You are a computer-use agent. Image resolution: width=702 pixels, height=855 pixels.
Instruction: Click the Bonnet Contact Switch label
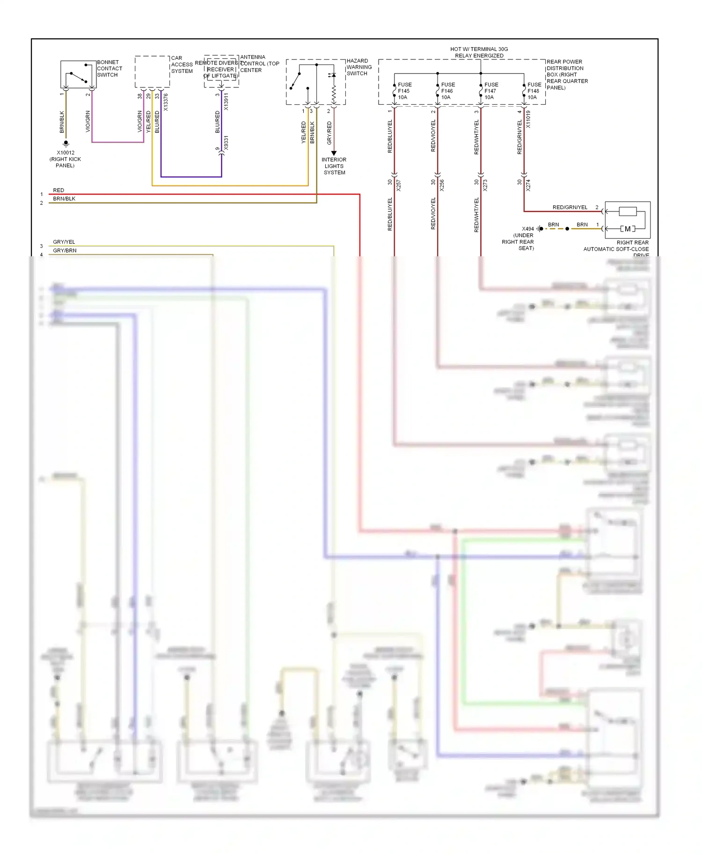click(109, 68)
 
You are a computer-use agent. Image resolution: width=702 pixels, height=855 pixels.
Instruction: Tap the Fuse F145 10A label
click(404, 91)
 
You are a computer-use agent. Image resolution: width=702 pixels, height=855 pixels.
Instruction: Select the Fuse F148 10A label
click(534, 91)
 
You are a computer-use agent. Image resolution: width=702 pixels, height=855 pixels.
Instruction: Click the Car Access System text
click(182, 65)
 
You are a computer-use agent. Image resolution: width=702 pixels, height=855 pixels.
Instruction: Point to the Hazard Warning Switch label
click(358, 67)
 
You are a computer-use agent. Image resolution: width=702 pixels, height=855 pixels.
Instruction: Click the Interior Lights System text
click(334, 166)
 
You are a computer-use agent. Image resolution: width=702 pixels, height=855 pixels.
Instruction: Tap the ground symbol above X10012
click(66, 143)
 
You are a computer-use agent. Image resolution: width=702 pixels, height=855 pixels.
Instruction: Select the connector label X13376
click(166, 102)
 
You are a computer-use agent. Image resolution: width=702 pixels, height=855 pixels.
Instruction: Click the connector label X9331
click(226, 143)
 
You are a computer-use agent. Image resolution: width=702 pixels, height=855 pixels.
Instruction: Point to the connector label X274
click(528, 185)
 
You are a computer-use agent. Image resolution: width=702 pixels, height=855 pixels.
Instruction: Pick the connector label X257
click(399, 185)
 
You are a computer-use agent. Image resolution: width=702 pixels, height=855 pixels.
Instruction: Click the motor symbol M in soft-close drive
click(627, 229)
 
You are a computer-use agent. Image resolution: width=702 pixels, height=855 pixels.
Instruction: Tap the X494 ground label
click(527, 229)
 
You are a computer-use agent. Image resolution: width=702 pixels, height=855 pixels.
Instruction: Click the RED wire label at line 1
click(58, 190)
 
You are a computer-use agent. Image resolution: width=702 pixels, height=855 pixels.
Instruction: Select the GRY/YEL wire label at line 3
click(64, 242)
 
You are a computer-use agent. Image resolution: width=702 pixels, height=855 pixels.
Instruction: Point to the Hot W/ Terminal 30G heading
click(479, 52)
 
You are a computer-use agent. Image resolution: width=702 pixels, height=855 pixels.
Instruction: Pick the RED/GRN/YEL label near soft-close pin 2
click(570, 207)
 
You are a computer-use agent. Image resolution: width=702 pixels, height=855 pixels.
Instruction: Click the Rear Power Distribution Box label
click(567, 74)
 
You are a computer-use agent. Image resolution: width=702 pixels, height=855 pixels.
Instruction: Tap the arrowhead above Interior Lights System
click(334, 153)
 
